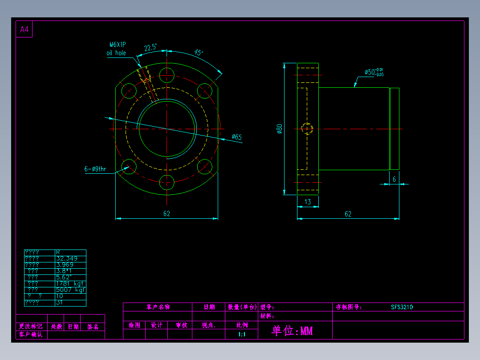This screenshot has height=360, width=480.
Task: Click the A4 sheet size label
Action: click(x=24, y=30)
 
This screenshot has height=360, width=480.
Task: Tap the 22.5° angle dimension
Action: click(x=150, y=48)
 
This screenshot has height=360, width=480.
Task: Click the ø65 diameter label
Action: click(x=237, y=137)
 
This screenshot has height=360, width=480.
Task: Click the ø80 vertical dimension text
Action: click(x=279, y=129)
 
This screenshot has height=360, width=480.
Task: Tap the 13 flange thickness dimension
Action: click(x=308, y=202)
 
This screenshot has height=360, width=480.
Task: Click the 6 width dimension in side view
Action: click(x=394, y=179)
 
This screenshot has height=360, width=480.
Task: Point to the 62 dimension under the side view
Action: click(x=348, y=214)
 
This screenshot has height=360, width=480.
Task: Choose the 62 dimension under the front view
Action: click(x=167, y=214)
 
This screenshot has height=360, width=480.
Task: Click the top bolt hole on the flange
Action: click(x=167, y=74)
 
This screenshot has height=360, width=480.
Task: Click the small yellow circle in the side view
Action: click(x=307, y=129)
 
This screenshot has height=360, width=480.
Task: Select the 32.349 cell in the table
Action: click(x=67, y=258)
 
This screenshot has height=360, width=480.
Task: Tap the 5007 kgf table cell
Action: click(x=70, y=290)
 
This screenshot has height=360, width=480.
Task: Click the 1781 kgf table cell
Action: click(x=70, y=283)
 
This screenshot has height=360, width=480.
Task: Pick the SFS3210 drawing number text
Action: click(x=402, y=307)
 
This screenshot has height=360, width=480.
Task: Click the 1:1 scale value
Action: click(x=242, y=334)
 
